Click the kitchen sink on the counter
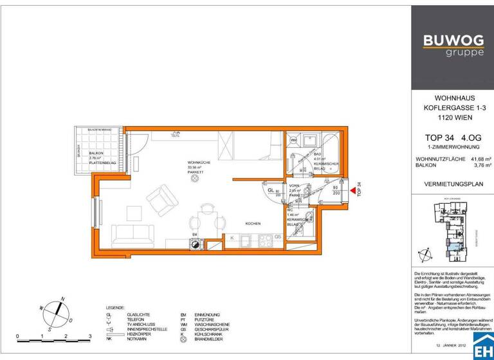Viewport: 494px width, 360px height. [x=246, y=241]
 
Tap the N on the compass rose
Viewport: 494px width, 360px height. [x=62, y=298]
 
